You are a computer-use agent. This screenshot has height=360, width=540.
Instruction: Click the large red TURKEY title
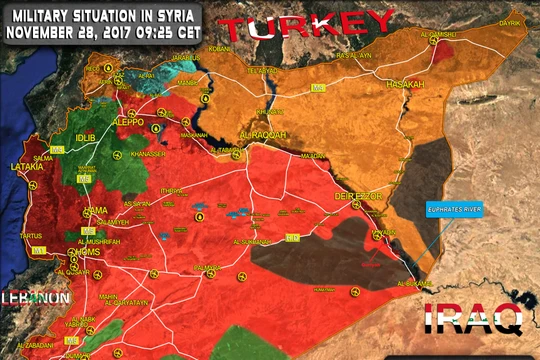tap(307, 24)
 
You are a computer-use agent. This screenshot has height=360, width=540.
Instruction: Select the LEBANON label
tap(35, 298)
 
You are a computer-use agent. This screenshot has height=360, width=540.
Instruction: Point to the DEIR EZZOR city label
tap(358, 197)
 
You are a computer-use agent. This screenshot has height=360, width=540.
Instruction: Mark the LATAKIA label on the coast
tap(27, 167)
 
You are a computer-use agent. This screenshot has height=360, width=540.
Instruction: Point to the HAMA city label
tap(97, 211)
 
